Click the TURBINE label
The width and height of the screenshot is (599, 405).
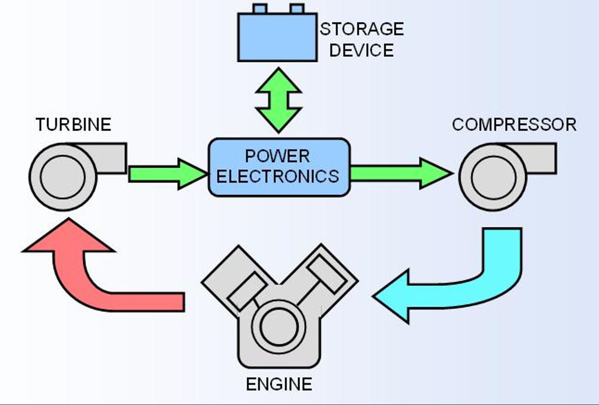(x=74, y=125)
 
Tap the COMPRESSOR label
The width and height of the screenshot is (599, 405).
(x=514, y=125)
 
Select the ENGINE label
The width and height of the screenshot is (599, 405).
(x=279, y=384)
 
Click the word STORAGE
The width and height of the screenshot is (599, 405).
(x=361, y=29)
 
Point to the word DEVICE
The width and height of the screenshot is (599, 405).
(x=361, y=50)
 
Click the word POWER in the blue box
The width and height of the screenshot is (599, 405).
(x=277, y=156)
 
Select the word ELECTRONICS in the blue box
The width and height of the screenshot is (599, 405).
(x=278, y=176)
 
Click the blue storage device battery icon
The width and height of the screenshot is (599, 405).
(x=277, y=37)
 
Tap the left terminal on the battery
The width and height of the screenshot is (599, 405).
(x=260, y=9)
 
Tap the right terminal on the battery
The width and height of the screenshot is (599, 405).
(x=297, y=9)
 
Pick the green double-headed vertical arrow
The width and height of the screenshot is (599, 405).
(x=279, y=100)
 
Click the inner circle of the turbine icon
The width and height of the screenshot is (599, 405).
(x=63, y=177)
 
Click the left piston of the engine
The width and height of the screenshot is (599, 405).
(x=247, y=292)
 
